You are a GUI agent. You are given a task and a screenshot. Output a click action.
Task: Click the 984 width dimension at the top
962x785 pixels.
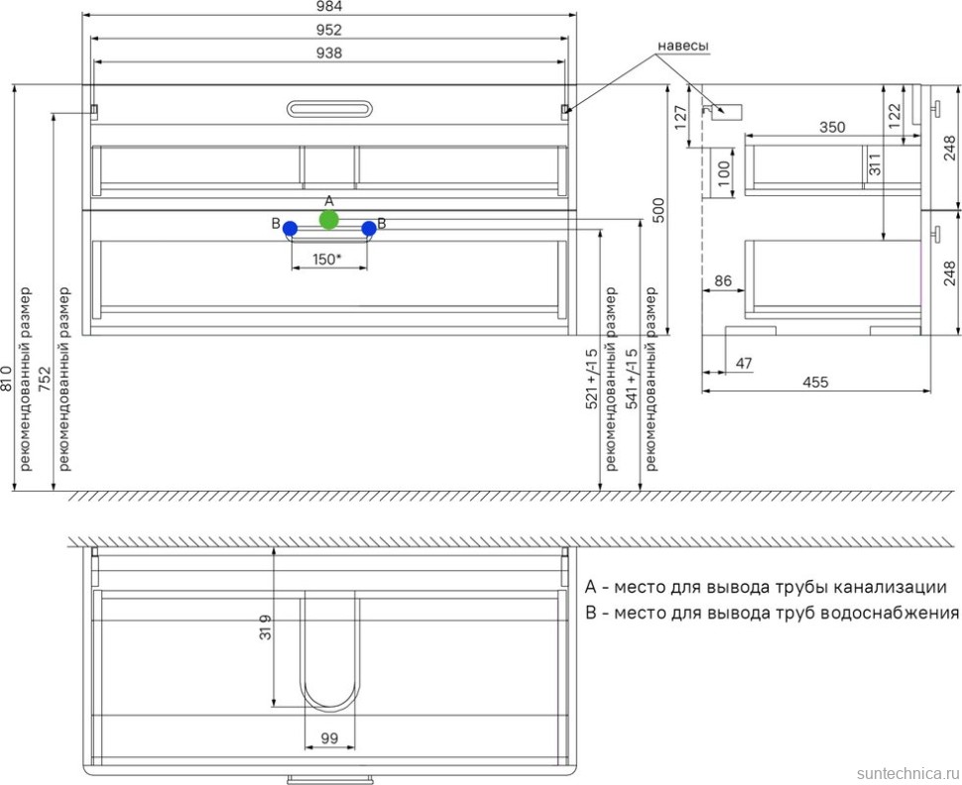coord(329,7)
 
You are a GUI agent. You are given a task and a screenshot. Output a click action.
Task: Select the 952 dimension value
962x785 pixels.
coord(329,30)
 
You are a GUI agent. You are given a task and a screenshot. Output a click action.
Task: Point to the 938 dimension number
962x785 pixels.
coord(329,53)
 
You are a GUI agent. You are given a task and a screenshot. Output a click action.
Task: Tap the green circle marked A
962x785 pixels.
coord(329,220)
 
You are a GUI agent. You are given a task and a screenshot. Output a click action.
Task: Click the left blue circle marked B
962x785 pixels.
coord(291,229)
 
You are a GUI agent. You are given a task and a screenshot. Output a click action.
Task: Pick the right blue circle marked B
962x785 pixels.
coord(369,229)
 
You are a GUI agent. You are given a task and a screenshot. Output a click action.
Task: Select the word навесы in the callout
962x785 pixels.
coord(683,46)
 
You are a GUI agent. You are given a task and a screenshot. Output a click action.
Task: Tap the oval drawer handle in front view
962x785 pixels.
coord(329,109)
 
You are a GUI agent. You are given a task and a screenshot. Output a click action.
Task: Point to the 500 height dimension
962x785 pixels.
coord(658,210)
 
